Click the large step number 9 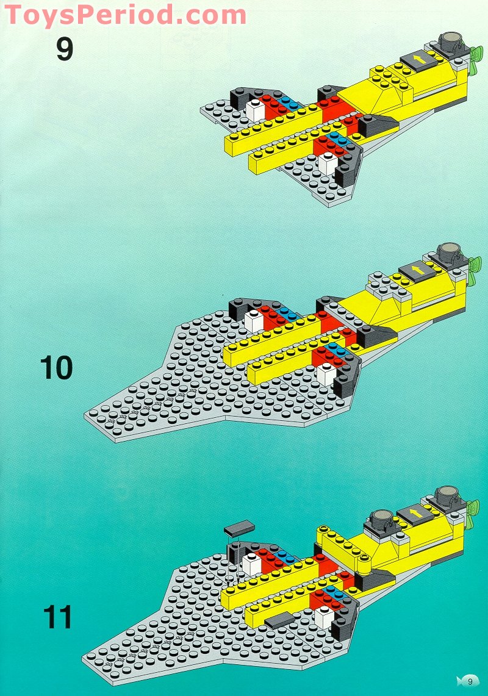[65, 49]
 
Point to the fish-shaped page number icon [468, 681]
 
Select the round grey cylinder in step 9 [450, 41]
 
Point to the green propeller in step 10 [474, 269]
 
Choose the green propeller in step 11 [474, 513]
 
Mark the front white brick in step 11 [325, 616]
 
